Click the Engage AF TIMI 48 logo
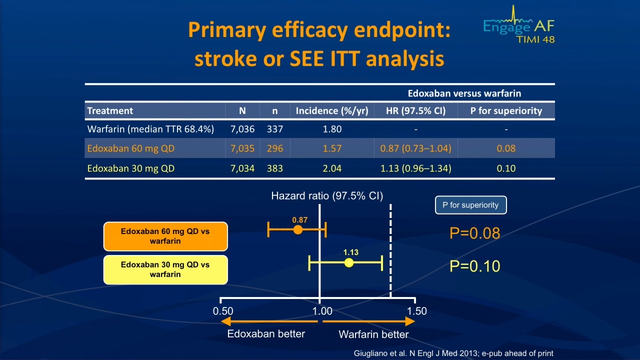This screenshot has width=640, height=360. [x=518, y=25]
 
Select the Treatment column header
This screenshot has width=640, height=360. [x=110, y=110]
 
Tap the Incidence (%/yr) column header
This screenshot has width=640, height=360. [x=332, y=110]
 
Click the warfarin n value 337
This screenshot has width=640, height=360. [x=275, y=129]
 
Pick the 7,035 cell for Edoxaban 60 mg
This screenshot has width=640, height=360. [x=242, y=148]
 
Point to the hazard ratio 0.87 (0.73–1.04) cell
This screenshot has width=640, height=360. [x=415, y=148]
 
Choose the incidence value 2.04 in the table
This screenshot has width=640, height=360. [x=332, y=168]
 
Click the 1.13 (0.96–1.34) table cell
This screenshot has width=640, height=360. [x=415, y=168]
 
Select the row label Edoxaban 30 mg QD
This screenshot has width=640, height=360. [x=131, y=168]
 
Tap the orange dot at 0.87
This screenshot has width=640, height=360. [x=297, y=229]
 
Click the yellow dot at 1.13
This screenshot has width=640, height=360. [x=349, y=263]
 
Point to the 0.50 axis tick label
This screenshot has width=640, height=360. [x=223, y=311]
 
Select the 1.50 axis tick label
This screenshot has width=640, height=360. [x=417, y=311]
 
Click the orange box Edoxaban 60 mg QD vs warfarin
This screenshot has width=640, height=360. [x=165, y=236]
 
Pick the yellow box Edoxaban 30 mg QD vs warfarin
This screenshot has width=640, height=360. [x=165, y=269]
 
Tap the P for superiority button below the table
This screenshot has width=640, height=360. [x=471, y=205]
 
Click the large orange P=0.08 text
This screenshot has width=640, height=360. [x=475, y=233]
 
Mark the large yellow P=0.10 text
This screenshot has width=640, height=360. [x=475, y=266]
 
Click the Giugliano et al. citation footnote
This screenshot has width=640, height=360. [x=453, y=353]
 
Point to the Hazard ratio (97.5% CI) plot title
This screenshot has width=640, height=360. [x=327, y=196]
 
